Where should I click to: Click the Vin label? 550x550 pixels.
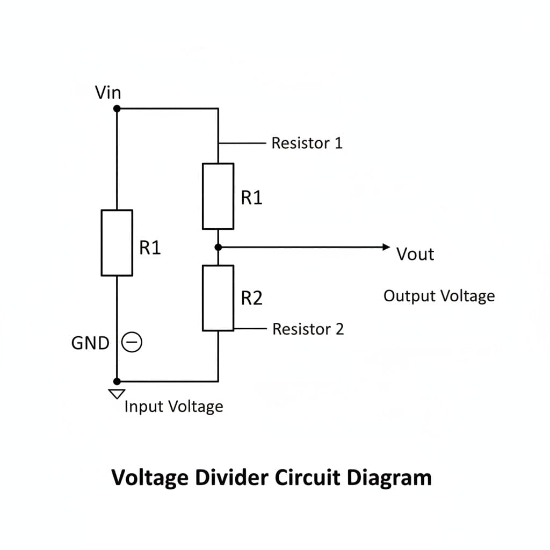click(108, 93)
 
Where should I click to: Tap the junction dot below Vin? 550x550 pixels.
click(117, 108)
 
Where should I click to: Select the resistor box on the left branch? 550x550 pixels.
click(117, 243)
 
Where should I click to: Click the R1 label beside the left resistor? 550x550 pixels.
click(150, 248)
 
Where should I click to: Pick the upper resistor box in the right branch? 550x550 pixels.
click(218, 196)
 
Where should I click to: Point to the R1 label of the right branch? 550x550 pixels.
click(251, 198)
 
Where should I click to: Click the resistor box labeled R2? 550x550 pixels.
click(218, 298)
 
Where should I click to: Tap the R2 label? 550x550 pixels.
click(251, 298)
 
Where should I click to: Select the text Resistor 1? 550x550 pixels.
click(307, 143)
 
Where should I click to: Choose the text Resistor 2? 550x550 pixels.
click(308, 329)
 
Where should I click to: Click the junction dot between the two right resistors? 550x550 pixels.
click(218, 247)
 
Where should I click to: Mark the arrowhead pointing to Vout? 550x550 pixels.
click(385, 247)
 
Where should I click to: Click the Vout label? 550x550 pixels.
click(415, 254)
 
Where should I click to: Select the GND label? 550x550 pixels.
click(90, 343)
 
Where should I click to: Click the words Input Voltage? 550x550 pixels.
click(173, 407)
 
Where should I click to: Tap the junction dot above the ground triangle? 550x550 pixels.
click(117, 381)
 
